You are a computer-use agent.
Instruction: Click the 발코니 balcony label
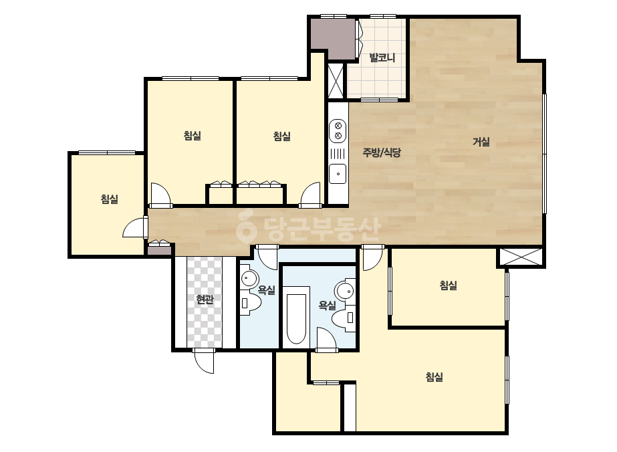tap(382, 58)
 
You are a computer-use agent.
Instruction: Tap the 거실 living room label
tap(481, 141)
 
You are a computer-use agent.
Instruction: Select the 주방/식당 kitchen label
tap(381, 152)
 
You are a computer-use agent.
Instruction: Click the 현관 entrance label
tap(205, 300)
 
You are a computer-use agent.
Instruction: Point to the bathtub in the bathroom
tap(296, 318)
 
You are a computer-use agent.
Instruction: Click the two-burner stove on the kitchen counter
tap(338, 131)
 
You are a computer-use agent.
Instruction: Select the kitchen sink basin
tap(338, 174)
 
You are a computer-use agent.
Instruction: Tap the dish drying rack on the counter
tap(338, 153)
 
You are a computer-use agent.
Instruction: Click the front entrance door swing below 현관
tap(205, 360)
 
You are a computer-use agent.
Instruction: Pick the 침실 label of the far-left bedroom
tap(110, 199)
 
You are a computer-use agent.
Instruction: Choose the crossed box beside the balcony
tap(336, 81)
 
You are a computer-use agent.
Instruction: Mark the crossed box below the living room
tap(520, 257)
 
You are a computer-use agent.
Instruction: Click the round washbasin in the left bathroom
tap(249, 278)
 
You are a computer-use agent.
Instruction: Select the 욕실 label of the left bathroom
tap(266, 290)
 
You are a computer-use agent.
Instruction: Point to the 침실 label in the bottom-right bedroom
tap(434, 377)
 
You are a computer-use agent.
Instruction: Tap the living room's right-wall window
tap(544, 154)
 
